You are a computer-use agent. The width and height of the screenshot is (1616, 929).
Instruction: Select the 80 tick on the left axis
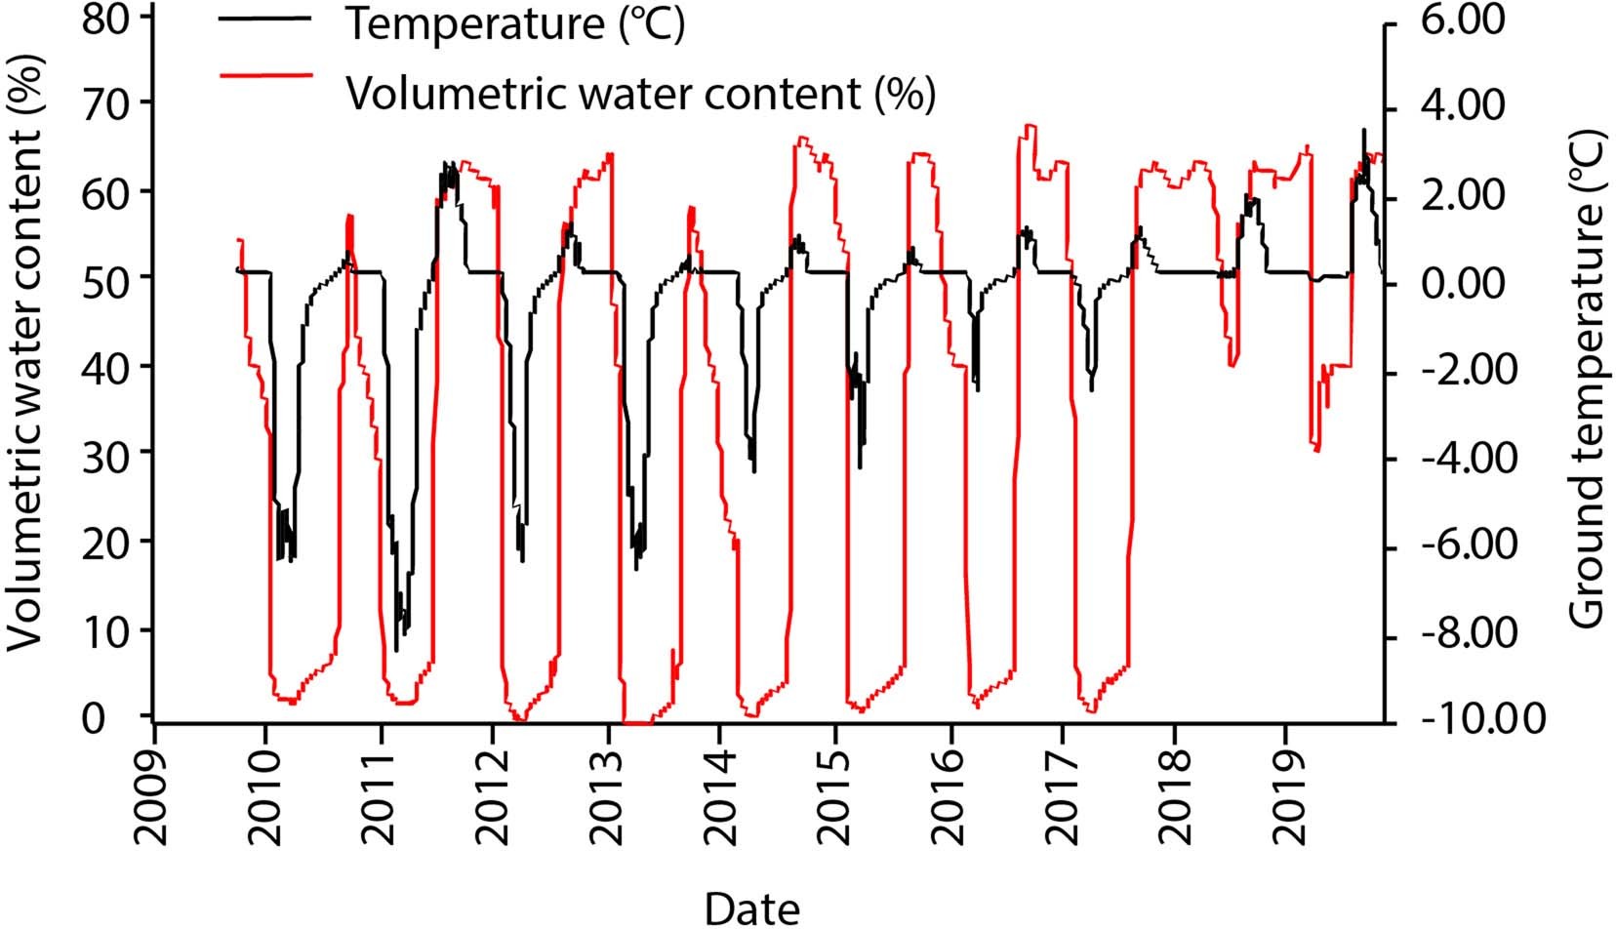(x=106, y=19)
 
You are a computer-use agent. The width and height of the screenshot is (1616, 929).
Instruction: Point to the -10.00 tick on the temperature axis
(x=1482, y=720)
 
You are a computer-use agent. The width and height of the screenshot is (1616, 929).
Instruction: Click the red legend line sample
(x=266, y=74)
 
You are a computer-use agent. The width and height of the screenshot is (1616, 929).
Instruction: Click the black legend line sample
(x=266, y=19)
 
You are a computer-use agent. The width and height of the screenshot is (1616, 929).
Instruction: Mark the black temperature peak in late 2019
(x=1364, y=130)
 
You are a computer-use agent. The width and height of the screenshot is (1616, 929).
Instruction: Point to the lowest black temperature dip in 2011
(x=396, y=650)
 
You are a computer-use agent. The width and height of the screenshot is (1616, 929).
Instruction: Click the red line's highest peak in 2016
(x=1028, y=125)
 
